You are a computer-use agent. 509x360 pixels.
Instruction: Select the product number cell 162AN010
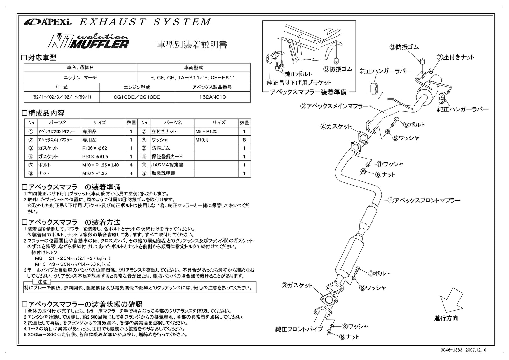point(212,97)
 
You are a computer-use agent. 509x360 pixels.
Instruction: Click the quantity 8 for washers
point(244,140)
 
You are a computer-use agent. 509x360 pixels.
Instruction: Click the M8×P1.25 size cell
point(206,131)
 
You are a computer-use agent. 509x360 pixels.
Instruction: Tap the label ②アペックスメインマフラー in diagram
point(334,106)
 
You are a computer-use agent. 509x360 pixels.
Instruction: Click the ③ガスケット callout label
point(297,286)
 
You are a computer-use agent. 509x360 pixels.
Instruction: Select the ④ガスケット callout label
point(336,126)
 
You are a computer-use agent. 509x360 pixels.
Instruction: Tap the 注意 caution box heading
point(42,282)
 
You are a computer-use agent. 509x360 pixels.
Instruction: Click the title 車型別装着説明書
point(192,45)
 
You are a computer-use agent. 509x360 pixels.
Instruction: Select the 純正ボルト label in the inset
point(298,74)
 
